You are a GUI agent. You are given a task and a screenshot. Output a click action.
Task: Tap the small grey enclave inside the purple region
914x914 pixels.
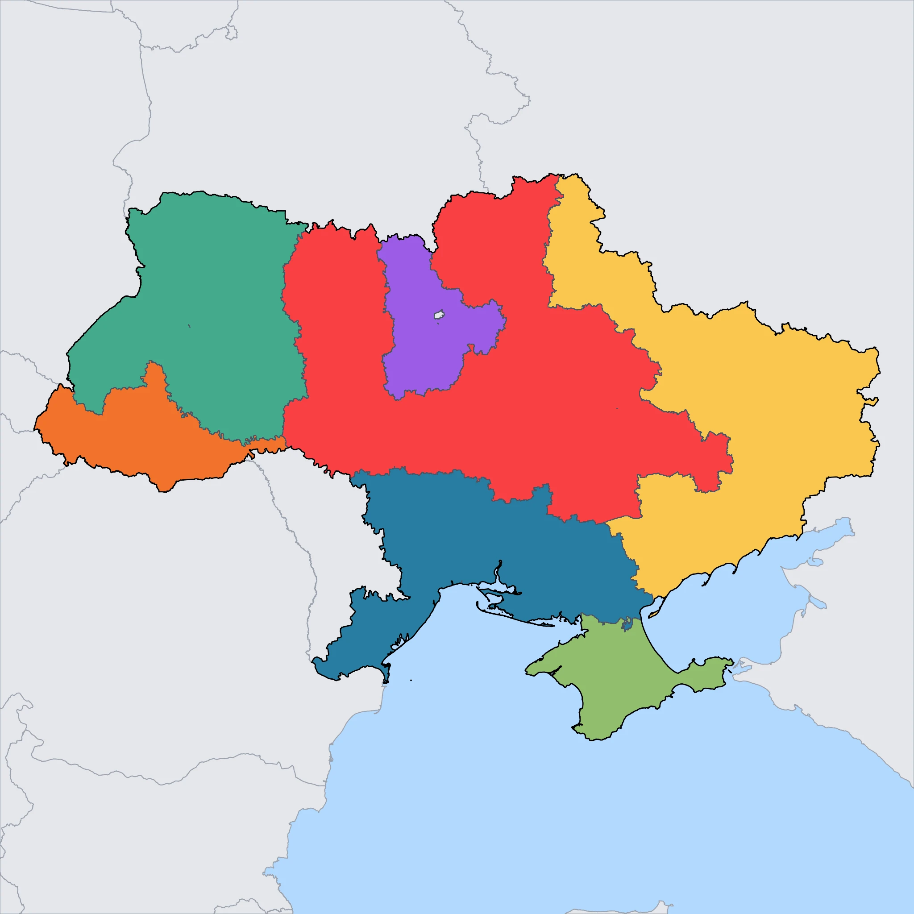coord(439,315)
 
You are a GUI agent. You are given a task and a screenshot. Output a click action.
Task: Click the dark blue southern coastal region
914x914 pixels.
coord(497,544)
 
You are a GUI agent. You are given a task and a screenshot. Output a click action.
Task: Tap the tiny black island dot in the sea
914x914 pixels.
coord(411,680)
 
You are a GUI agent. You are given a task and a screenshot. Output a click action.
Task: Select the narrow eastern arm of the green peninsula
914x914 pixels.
coord(705,672)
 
